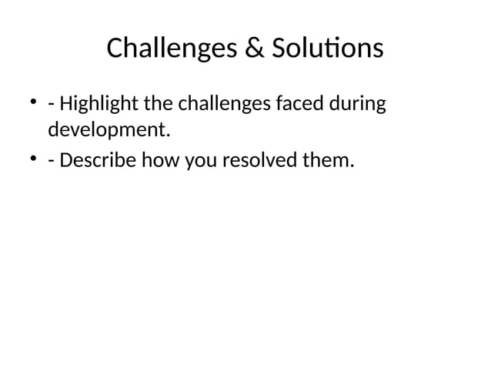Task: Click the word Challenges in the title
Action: coord(172,49)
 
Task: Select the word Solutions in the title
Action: coord(328,49)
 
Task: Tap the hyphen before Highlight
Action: coord(51,105)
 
